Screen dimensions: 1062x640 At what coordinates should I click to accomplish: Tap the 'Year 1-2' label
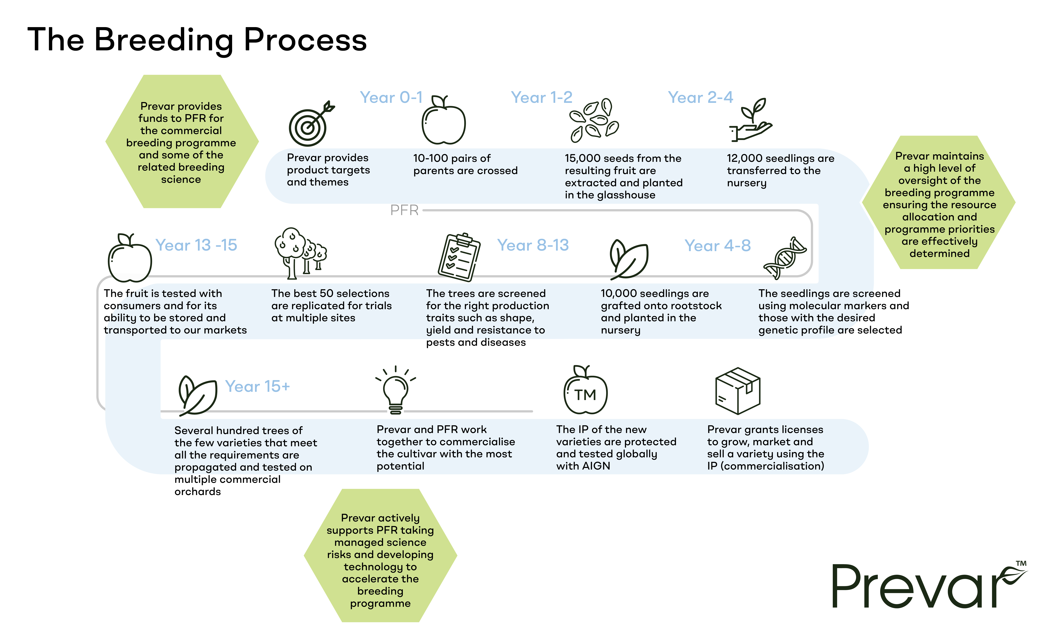tap(542, 98)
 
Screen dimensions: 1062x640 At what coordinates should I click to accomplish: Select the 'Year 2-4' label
tap(700, 98)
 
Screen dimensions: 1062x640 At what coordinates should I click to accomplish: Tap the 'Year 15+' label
tap(257, 386)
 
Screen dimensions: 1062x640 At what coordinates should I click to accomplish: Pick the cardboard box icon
tap(738, 391)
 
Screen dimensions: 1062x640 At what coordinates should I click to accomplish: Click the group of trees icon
tap(300, 253)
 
